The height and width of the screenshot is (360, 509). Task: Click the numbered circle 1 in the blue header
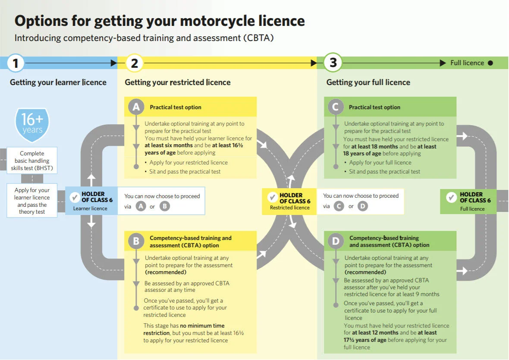[x=16, y=63]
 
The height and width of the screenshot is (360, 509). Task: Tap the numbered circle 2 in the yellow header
[x=134, y=63]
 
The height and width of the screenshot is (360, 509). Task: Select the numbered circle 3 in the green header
[x=333, y=63]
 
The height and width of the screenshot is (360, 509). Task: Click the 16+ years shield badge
[x=32, y=124]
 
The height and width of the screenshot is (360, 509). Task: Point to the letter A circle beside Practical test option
[x=136, y=107]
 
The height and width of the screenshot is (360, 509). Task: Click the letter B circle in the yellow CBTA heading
[x=136, y=241]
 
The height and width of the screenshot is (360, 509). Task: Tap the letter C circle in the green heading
[x=336, y=107]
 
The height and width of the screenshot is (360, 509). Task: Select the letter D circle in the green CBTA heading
[x=336, y=241]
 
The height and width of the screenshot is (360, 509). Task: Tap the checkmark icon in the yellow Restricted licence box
[x=272, y=198]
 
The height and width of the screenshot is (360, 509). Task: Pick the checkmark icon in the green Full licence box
[x=451, y=198]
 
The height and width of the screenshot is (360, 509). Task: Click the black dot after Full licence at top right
[x=490, y=63]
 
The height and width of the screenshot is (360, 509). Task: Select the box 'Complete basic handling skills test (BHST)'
[x=32, y=161]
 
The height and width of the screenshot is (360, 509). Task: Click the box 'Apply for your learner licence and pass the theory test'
[x=32, y=201]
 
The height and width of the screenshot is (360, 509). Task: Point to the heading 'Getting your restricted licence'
[x=178, y=82]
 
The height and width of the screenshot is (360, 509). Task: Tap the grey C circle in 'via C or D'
[x=339, y=206]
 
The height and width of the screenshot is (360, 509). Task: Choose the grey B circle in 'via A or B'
[x=164, y=206]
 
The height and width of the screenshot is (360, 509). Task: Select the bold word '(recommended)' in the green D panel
[x=365, y=272]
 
